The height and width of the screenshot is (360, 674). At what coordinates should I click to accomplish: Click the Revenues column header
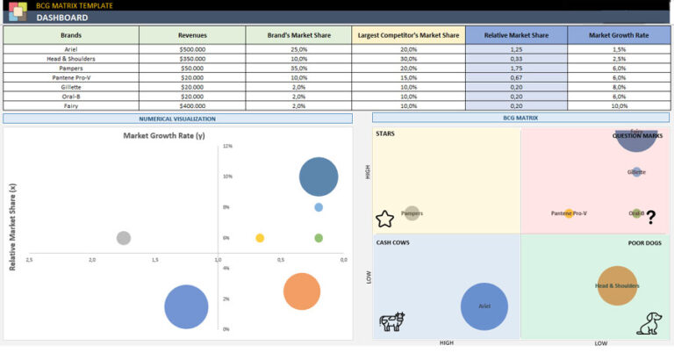pos(192,35)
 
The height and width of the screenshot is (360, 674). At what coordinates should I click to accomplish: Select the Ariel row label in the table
pos(71,49)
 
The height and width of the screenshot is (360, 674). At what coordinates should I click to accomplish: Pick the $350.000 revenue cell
pos(192,58)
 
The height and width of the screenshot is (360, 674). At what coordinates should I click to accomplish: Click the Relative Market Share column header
pos(515,35)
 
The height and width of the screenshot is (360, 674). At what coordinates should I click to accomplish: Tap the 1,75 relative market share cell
pos(515,68)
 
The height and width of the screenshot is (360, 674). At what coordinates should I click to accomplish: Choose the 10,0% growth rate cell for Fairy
pos(620,105)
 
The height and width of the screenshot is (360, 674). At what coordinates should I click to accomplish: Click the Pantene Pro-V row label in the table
pos(71,77)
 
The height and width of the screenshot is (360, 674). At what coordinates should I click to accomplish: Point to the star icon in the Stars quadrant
pos(384,219)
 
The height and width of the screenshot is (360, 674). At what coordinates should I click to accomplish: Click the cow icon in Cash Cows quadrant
pos(391,321)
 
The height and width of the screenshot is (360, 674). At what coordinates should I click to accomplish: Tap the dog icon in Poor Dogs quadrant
pos(649,323)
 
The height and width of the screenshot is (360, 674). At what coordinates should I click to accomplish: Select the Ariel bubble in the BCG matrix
pos(484,306)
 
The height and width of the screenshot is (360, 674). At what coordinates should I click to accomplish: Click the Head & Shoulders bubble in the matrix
pos(617,285)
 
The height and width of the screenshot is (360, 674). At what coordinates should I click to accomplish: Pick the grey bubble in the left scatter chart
pos(124,238)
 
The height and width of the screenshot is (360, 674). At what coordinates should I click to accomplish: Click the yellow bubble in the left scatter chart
pos(260,238)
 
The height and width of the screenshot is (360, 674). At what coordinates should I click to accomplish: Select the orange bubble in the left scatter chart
pos(302,292)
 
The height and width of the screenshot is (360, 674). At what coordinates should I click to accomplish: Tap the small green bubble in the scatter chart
pos(319,238)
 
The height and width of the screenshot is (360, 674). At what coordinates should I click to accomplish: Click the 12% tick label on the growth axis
pos(227,146)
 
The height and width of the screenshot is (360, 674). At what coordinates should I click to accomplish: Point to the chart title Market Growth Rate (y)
pos(163,136)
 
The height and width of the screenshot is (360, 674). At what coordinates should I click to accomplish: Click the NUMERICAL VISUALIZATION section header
pos(177,118)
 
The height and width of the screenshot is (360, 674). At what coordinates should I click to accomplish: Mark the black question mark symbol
pos(650,217)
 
